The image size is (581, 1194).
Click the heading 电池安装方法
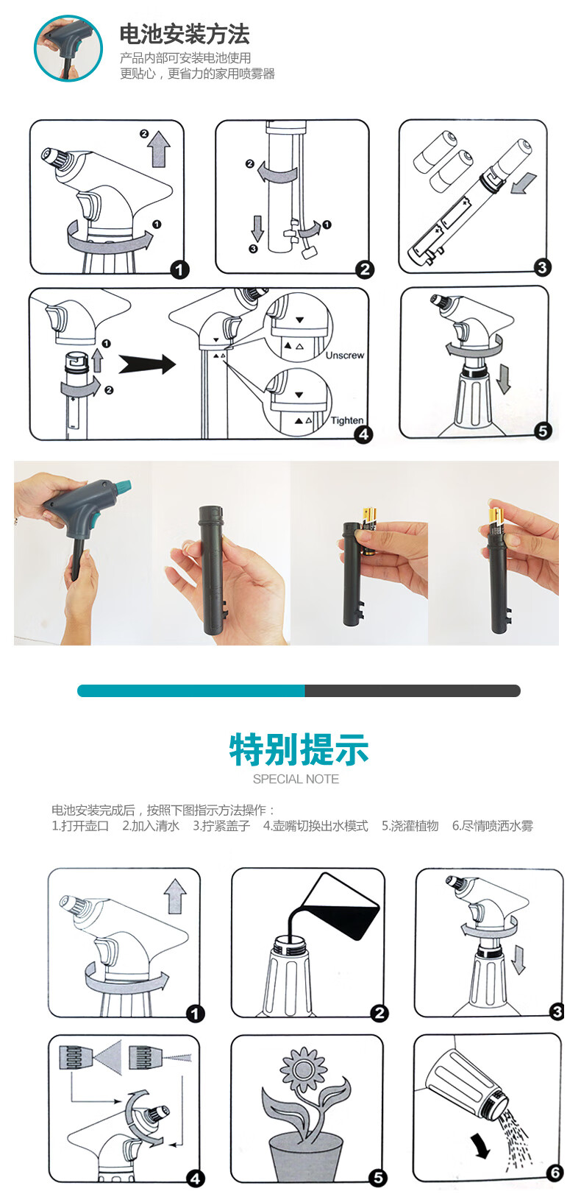(x=185, y=35)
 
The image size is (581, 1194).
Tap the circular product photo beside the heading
(x=68, y=48)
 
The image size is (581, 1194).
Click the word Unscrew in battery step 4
(x=344, y=355)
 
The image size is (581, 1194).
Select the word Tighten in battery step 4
(x=346, y=420)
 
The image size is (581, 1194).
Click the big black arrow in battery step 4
(x=147, y=364)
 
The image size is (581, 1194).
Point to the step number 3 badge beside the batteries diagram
(x=542, y=267)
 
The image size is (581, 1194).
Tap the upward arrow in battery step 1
(x=160, y=149)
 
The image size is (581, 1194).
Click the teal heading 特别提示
(x=299, y=749)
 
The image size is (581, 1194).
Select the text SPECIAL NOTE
(x=296, y=779)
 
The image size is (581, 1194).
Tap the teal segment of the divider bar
(x=190, y=690)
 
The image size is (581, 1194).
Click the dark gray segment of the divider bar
(x=413, y=690)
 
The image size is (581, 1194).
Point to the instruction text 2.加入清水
(x=151, y=826)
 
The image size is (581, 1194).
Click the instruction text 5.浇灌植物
(x=410, y=826)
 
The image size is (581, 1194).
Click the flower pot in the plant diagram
(x=306, y=1157)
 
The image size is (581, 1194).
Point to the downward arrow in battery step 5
(x=503, y=380)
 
